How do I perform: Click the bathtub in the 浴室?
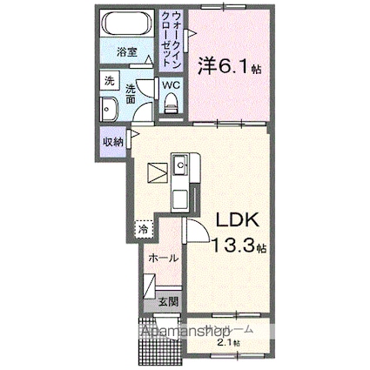[x=127, y=24]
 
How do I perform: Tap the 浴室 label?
[x=127, y=52]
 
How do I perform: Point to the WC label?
[x=171, y=85]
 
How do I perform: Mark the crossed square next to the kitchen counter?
[x=156, y=172]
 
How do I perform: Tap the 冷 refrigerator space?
[x=142, y=229]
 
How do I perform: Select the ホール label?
[x=163, y=258]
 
